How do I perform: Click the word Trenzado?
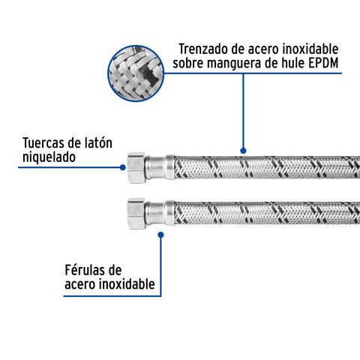(203, 49)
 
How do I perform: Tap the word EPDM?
(323, 63)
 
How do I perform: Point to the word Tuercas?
(43, 143)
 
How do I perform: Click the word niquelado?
(49, 157)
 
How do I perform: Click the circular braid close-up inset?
(136, 73)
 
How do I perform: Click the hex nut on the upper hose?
(136, 168)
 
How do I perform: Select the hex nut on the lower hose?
(136, 214)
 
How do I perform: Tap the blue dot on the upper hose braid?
(243, 151)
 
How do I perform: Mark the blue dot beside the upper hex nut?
(122, 167)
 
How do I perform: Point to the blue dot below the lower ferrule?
(160, 235)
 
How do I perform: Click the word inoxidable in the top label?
(310, 49)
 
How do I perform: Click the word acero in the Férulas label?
(80, 285)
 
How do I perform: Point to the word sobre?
(188, 64)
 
